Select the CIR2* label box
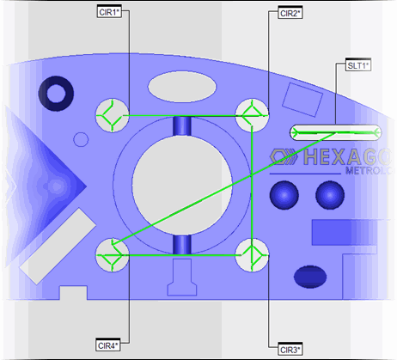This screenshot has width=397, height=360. click(x=290, y=13)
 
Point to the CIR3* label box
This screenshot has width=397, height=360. click(x=290, y=348)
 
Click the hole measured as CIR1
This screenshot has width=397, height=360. click(x=110, y=113)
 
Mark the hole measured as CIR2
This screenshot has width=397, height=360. click(x=251, y=113)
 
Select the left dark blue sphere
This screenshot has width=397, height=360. click(x=282, y=194)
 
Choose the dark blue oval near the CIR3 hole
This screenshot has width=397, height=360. click(x=309, y=277)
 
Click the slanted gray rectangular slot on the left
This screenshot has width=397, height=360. click(x=56, y=245)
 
